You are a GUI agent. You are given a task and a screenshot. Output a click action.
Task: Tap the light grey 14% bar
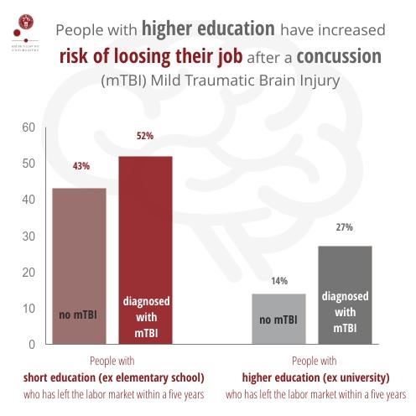point(279,319)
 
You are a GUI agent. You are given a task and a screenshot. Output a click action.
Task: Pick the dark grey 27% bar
point(344,294)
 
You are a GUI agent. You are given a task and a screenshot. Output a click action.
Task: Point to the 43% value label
point(81,166)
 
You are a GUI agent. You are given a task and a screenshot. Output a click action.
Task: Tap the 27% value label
point(345,226)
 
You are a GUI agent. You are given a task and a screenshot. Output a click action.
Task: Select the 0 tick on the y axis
point(31,344)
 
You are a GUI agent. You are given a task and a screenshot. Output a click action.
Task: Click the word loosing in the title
point(143,57)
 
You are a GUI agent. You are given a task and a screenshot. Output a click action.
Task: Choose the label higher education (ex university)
point(316,377)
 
